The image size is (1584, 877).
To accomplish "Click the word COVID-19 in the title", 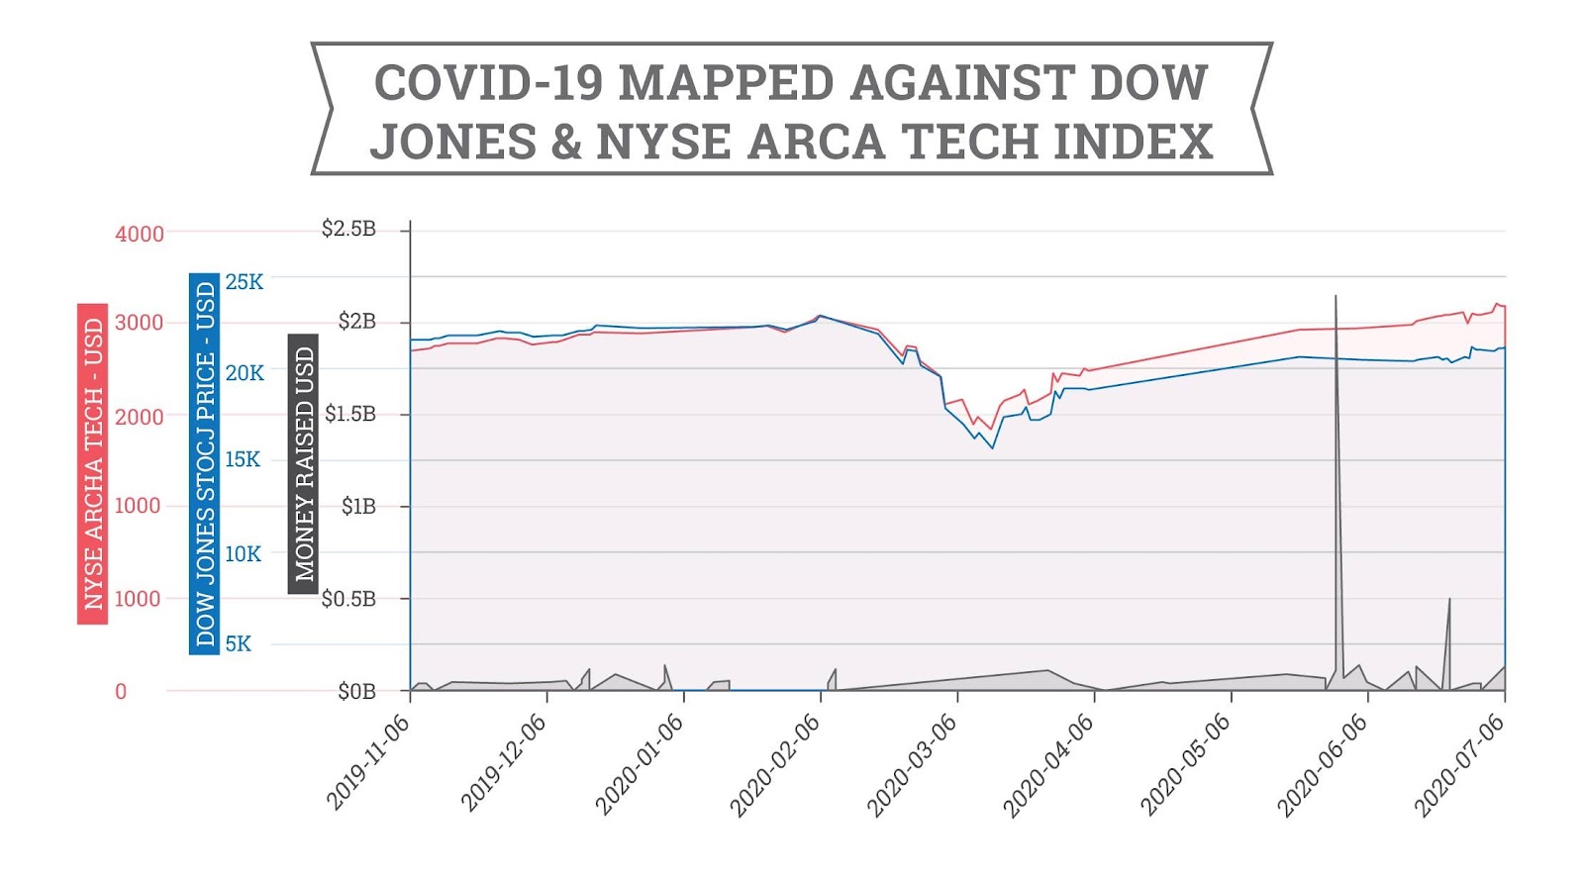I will point(488,82).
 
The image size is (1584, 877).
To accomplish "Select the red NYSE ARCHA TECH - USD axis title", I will point(92,463).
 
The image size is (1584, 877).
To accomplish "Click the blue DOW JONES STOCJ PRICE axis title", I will point(204,463).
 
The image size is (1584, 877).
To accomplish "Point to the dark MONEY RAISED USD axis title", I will point(303,463).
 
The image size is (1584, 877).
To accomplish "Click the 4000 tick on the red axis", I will point(140,235).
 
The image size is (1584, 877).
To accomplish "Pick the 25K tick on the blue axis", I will point(245,282).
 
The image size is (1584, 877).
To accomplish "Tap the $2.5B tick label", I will point(348,229).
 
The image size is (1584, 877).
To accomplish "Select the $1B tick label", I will point(358,507).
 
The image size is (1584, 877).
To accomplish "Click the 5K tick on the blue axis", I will point(238,644).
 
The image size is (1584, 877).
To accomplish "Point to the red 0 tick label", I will point(121,692).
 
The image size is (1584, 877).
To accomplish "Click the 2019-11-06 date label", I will point(368,762).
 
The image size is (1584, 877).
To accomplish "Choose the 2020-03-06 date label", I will point(913,765).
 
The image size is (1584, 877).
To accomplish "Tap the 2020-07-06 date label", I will point(1458,765).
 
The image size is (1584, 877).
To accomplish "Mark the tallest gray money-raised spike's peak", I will point(1336,296).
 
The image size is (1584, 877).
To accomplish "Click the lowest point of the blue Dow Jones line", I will point(993,448).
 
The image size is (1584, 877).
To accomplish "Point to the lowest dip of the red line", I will point(990,430).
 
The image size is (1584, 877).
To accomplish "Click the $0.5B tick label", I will point(348,599).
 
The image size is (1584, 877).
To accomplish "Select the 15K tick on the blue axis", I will point(243,459).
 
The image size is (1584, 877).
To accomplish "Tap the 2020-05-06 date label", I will point(1185,765).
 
